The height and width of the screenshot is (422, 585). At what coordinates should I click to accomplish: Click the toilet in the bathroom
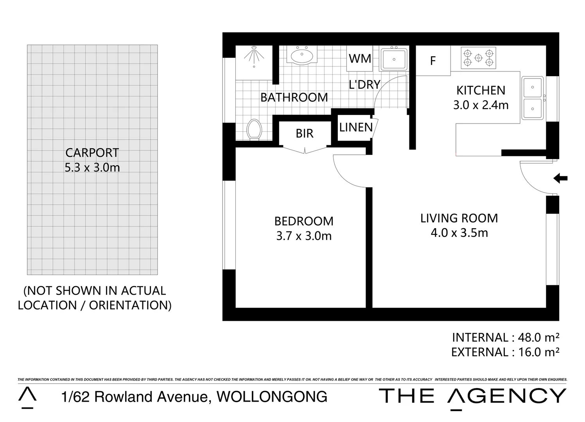[255, 129]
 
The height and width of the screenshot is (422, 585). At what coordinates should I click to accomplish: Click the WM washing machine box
[360, 59]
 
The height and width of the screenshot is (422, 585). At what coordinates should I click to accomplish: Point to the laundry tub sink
[394, 59]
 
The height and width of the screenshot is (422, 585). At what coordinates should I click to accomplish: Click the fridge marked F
[433, 61]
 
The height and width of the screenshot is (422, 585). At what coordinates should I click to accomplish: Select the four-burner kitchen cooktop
[478, 58]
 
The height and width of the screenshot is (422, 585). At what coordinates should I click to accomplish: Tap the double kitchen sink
[533, 98]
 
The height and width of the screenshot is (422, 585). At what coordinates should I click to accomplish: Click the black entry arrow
[560, 179]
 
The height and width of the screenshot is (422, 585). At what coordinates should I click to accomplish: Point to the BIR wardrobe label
[304, 134]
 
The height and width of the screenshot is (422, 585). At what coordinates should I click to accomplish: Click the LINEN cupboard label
[356, 127]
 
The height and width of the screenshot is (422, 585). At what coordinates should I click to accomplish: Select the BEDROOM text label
[304, 221]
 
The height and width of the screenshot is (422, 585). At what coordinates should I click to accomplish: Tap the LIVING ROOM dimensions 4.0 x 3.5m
[459, 233]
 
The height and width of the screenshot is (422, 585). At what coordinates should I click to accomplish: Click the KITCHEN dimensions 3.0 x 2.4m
[481, 105]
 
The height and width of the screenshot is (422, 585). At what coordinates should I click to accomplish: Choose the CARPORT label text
[92, 152]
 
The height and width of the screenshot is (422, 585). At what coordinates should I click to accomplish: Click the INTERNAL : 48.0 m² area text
[505, 337]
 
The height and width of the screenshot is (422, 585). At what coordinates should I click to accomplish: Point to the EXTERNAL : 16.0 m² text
[505, 352]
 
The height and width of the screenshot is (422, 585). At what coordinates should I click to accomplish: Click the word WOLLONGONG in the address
[272, 397]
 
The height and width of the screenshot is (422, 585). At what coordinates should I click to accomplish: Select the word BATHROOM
[294, 97]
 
